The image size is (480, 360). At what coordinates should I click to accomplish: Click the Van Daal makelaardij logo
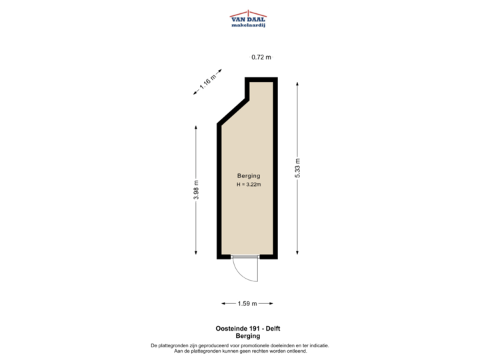(248, 19)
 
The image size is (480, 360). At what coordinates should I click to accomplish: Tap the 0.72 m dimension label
(261, 57)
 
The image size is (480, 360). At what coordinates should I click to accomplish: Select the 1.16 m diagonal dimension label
(208, 83)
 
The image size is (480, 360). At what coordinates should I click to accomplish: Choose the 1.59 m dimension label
(247, 304)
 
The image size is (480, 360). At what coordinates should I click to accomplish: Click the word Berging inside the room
(248, 176)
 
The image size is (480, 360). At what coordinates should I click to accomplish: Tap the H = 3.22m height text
(248, 185)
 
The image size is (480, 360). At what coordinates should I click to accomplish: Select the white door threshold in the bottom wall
(244, 257)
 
